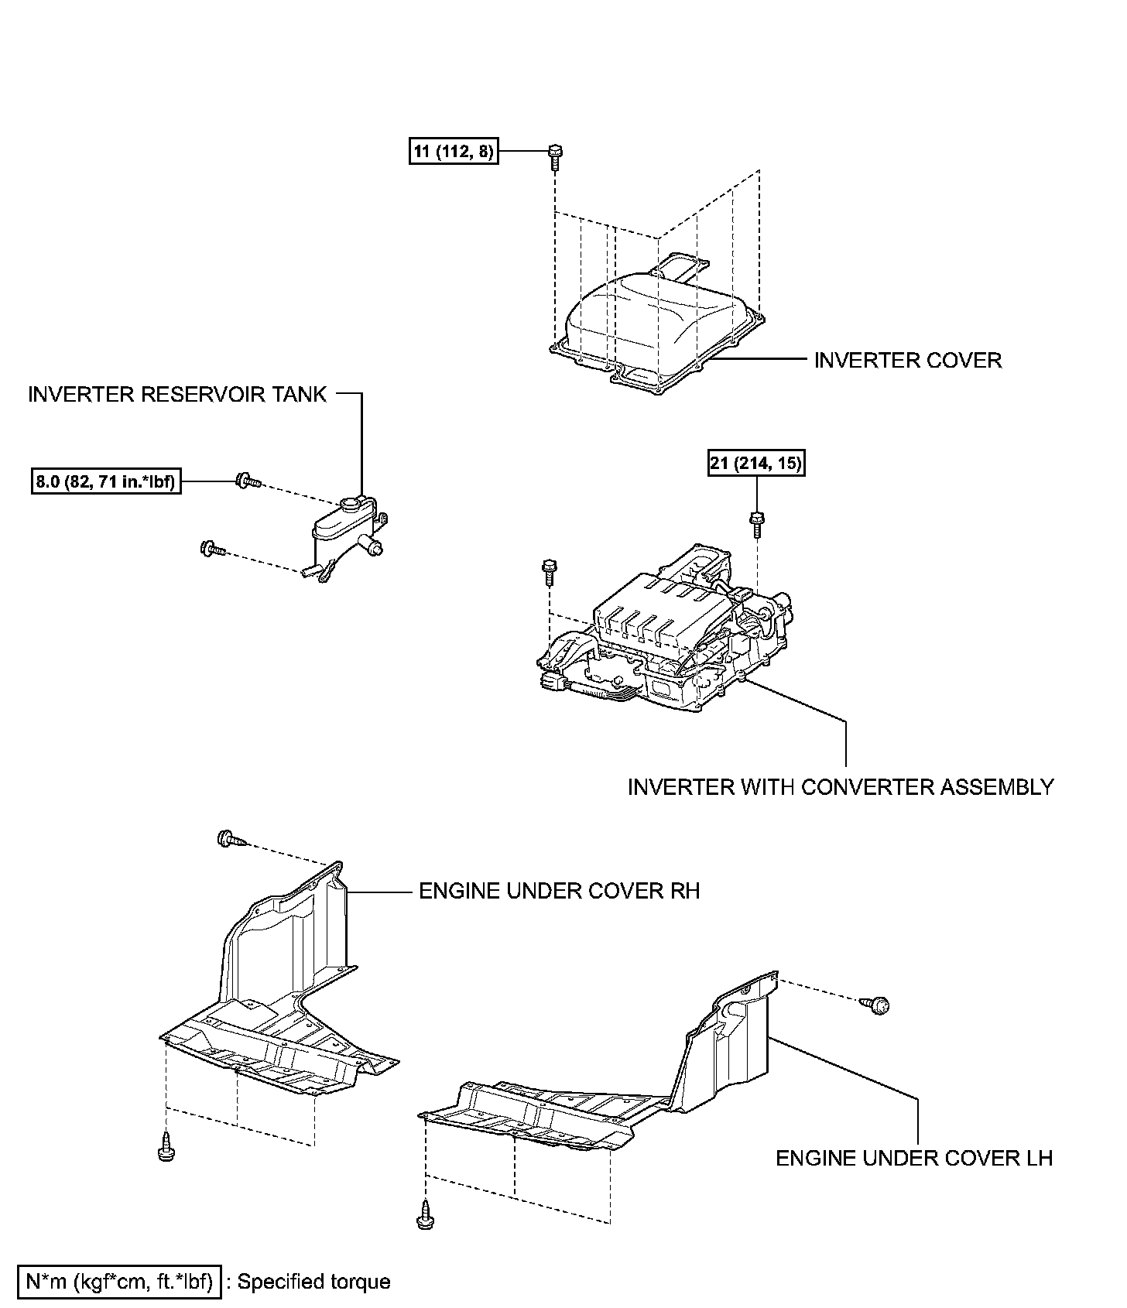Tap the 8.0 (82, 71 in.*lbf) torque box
(106, 481)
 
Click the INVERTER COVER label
(907, 360)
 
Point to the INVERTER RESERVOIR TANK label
(177, 394)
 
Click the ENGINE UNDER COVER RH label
(559, 891)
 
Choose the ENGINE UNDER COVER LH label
(914, 1158)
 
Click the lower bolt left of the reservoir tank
(211, 549)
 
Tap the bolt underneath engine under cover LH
(425, 1215)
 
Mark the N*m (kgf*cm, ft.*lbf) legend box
(119, 1282)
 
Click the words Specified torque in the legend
(313, 1282)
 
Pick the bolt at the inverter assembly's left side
(549, 571)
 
